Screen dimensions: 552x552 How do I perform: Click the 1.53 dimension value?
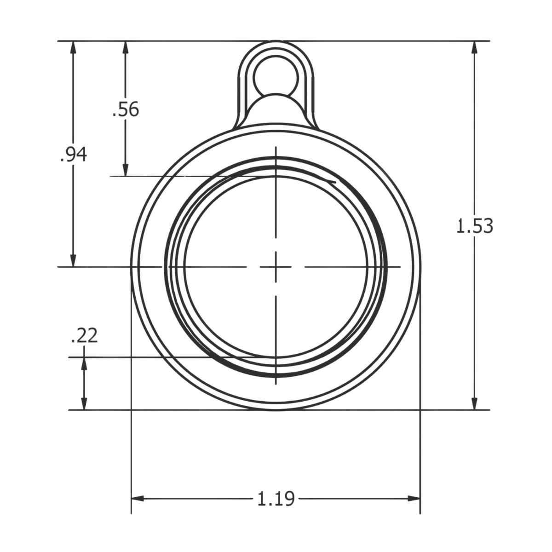(474, 226)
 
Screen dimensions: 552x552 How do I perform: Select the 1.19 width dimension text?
(276, 499)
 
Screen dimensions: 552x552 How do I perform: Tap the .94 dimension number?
(73, 155)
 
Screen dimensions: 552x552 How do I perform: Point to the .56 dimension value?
(126, 110)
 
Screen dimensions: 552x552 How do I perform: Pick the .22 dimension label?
(84, 336)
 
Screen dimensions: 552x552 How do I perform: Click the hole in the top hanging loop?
(276, 75)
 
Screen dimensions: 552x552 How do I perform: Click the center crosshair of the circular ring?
(276, 266)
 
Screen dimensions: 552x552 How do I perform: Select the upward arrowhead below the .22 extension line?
(84, 364)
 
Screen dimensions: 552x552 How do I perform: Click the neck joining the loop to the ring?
(276, 110)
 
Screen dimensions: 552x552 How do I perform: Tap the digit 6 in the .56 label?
(133, 110)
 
